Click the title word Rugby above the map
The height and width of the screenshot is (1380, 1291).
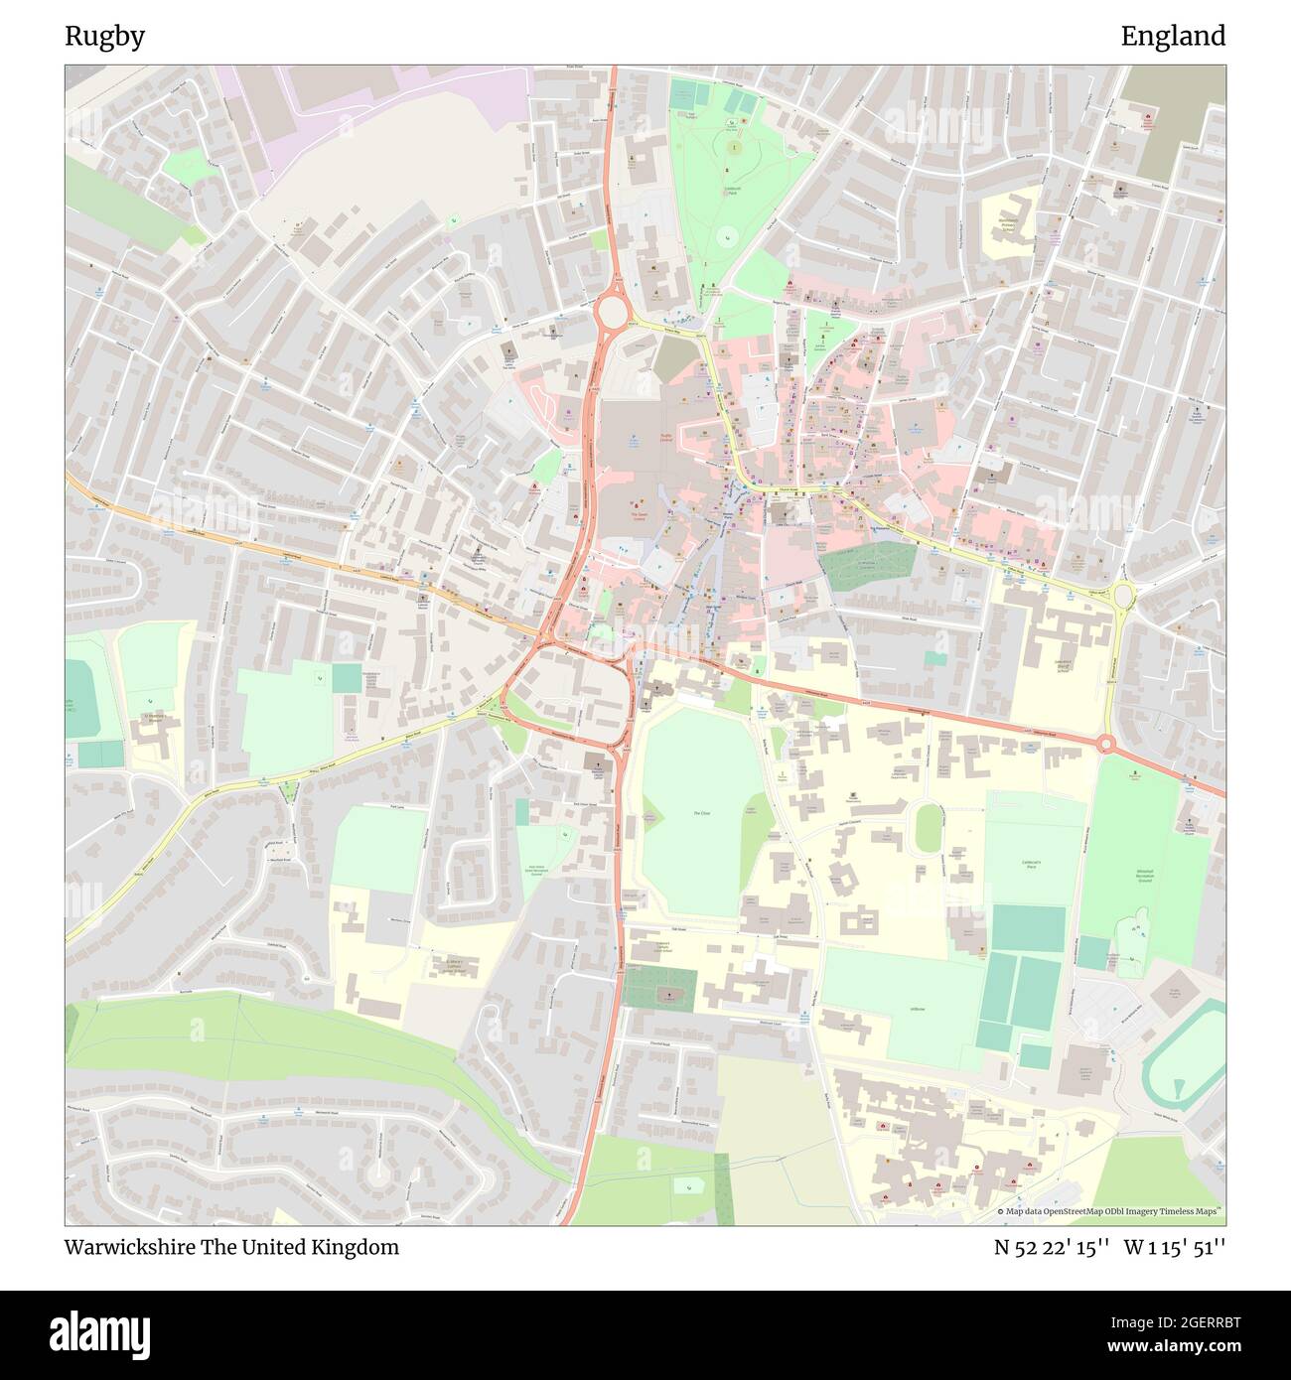point(104,37)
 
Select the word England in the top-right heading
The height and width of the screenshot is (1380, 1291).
point(1173,37)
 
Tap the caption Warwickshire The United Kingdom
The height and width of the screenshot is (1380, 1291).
point(231,1247)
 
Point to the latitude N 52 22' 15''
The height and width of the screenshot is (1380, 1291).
point(1052,1247)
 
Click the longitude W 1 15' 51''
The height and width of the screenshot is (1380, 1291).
point(1175,1247)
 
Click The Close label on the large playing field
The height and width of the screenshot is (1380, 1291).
point(701,813)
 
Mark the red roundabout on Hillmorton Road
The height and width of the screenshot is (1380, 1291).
point(1105,744)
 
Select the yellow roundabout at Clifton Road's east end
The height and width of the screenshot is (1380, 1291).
point(1123,596)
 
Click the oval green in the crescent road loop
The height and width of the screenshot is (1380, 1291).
point(927,827)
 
